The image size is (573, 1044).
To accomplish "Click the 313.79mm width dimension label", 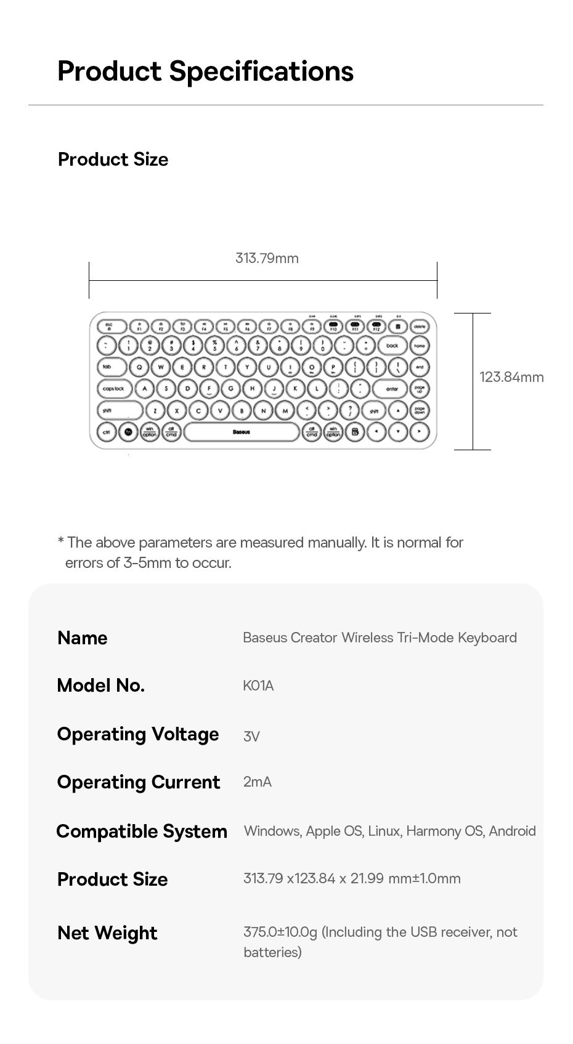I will tap(267, 258).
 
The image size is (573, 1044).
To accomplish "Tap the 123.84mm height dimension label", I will tap(511, 377).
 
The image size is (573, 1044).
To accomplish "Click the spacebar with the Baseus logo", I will tap(242, 432).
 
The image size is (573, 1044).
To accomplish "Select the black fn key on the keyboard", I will tap(128, 432).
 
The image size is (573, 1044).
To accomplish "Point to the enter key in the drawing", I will tap(392, 389).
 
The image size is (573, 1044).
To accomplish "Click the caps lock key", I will tap(113, 389).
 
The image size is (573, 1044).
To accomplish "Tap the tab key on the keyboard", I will tap(108, 367).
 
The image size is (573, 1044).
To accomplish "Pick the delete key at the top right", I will tap(420, 326).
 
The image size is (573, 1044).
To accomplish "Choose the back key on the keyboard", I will tap(392, 346).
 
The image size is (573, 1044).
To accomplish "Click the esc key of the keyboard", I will tap(109, 326).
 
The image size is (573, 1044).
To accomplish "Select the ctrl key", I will tap(107, 432).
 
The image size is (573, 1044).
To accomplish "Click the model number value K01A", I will tap(258, 686).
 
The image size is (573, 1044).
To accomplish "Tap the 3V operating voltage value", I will tap(251, 736).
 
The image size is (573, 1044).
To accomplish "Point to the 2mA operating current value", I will tap(257, 782).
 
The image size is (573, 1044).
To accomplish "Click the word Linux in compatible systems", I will tap(384, 831).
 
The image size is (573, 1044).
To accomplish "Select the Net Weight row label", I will tap(107, 933).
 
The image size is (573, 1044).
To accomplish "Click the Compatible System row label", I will tap(142, 831).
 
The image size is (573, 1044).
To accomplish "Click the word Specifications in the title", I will tap(261, 71).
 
